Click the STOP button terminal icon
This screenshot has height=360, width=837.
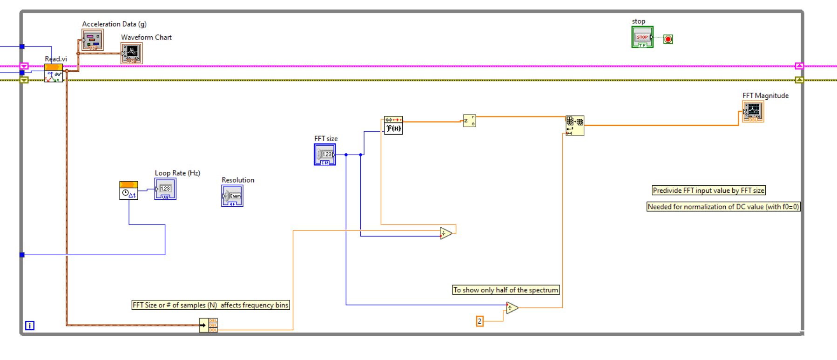click(642, 37)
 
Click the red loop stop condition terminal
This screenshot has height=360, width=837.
click(668, 39)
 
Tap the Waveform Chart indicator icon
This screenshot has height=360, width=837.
click(131, 53)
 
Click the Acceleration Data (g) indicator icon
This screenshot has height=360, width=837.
click(92, 40)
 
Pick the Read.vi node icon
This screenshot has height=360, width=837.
click(54, 74)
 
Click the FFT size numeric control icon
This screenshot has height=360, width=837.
click(325, 155)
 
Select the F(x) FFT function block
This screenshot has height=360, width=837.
click(393, 125)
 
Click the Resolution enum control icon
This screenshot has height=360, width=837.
click(232, 196)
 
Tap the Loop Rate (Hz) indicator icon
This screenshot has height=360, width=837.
click(165, 189)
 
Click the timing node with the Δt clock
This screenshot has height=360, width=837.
click(128, 191)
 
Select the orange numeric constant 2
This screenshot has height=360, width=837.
click(479, 321)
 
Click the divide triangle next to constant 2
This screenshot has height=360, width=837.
click(512, 308)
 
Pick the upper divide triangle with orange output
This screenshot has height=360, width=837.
click(445, 233)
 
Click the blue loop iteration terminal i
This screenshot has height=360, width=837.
click(29, 326)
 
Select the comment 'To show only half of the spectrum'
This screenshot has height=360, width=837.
click(506, 290)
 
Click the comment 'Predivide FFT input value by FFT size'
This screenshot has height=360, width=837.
click(708, 190)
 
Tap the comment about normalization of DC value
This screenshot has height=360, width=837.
click(723, 207)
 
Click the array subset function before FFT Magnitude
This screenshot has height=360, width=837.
click(574, 126)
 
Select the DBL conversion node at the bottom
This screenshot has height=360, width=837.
click(208, 325)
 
